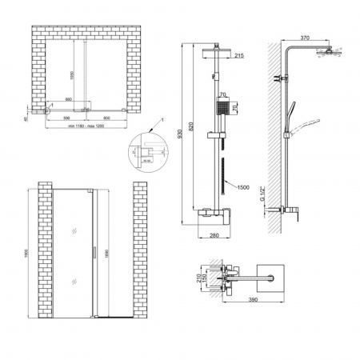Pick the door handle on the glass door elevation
point(94,254)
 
